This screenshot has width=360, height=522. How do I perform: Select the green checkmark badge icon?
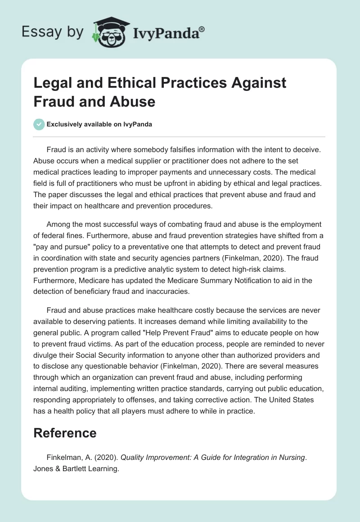39,125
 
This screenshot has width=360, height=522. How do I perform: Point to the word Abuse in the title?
135,102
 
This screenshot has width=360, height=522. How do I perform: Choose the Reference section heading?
65,432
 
